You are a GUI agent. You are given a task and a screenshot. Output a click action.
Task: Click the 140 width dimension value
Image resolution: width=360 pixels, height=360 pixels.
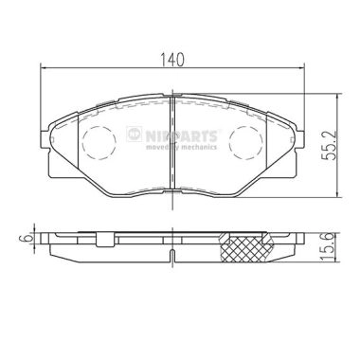pyautogui.click(x=171, y=58)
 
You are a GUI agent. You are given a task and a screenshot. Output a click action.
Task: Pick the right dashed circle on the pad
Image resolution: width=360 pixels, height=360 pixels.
pyautogui.click(x=249, y=146)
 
